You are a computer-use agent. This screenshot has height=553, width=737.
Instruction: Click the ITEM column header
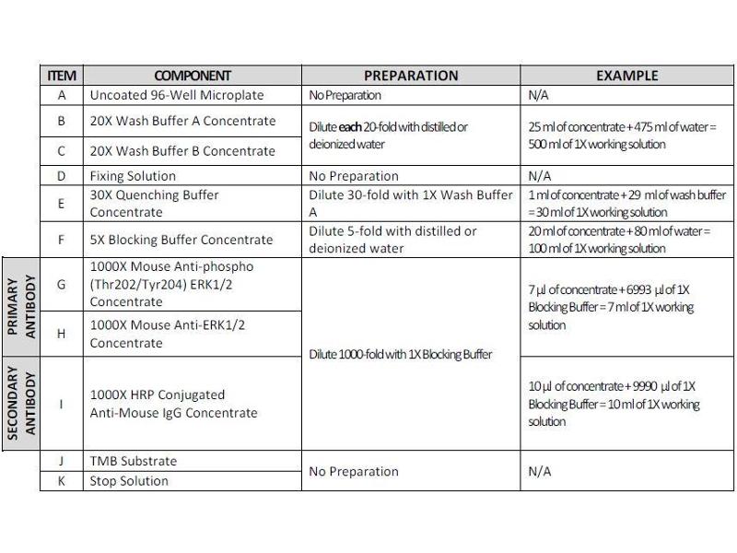61,76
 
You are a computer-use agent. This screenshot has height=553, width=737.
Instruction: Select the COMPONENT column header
193,76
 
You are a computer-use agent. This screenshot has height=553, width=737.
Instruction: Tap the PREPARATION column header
411,76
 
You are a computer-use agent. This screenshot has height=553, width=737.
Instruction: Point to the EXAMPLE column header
626,76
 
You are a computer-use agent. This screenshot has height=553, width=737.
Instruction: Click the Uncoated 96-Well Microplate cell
176,95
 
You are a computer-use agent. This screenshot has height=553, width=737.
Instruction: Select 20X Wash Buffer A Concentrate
182,121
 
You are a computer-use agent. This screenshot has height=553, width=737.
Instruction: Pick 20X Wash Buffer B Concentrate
182,150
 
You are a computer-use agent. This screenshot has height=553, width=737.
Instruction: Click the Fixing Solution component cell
133,176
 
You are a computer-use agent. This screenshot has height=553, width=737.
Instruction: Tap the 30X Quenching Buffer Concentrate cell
154,204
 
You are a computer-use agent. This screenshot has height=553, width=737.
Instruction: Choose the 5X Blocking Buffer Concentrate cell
181,240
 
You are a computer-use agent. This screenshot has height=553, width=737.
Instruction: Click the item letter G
61,284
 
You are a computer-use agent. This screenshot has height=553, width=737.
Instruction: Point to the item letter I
61,404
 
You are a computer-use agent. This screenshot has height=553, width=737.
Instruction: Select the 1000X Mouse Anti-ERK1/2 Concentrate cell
167,334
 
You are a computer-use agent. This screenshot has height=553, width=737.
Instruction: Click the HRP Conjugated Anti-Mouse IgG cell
173,404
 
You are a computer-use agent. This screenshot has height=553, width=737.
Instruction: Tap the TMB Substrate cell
133,461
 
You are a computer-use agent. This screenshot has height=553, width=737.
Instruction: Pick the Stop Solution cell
129,481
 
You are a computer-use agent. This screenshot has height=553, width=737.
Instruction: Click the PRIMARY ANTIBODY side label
21,306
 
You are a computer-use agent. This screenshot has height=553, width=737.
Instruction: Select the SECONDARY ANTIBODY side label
21,405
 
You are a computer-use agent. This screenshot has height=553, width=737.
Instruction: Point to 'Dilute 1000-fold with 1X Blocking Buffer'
400,355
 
